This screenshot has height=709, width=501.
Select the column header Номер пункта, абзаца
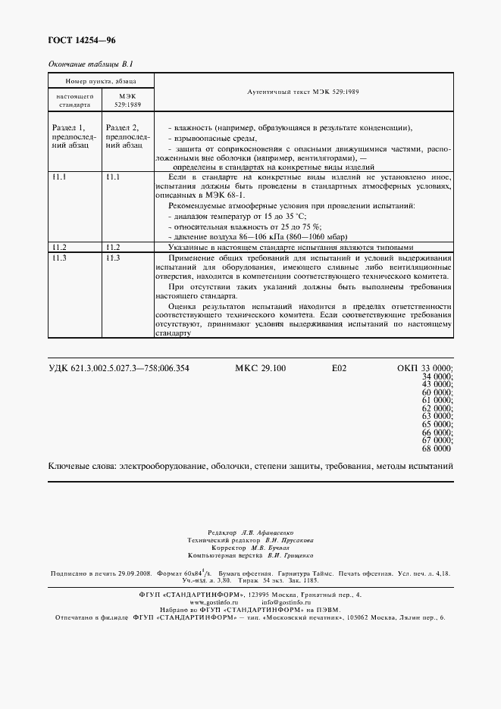[101, 80]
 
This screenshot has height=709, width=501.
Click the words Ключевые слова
[79, 467]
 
